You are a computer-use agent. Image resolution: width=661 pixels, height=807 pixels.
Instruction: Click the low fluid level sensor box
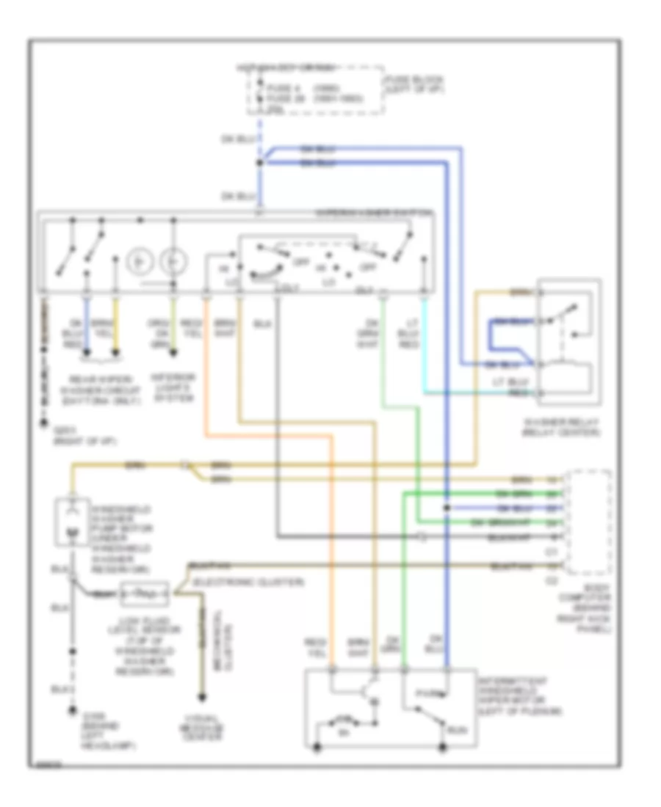[x=145, y=593]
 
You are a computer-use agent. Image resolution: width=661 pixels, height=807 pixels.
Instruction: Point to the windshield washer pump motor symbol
[x=71, y=521]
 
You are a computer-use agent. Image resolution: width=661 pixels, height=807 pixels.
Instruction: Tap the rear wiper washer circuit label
[x=110, y=387]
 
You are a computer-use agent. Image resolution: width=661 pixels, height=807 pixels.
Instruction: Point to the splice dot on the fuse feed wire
[x=260, y=162]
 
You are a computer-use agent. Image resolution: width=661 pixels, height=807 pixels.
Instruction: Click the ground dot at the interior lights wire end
[x=174, y=354]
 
